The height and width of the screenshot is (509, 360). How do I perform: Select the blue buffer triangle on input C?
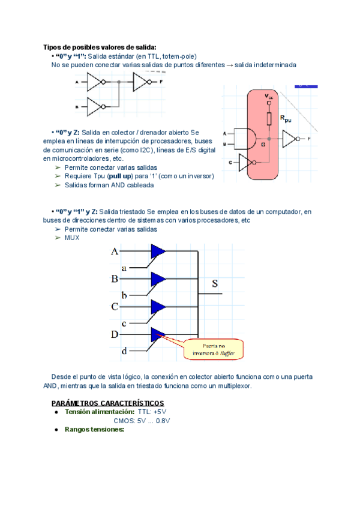click(x=158, y=307)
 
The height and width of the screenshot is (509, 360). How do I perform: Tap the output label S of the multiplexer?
click(x=215, y=283)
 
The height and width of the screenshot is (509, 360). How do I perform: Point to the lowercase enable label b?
click(x=124, y=295)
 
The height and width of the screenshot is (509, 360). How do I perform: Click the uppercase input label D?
click(x=114, y=334)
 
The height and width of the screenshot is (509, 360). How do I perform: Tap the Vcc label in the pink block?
click(x=269, y=96)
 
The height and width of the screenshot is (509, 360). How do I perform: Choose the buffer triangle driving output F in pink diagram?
click(x=289, y=139)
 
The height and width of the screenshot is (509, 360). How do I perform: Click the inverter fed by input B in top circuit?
click(x=97, y=107)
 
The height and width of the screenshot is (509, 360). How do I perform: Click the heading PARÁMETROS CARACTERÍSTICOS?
click(x=107, y=403)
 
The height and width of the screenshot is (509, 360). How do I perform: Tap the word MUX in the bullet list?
click(x=71, y=238)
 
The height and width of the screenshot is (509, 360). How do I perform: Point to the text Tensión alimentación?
click(x=99, y=412)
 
